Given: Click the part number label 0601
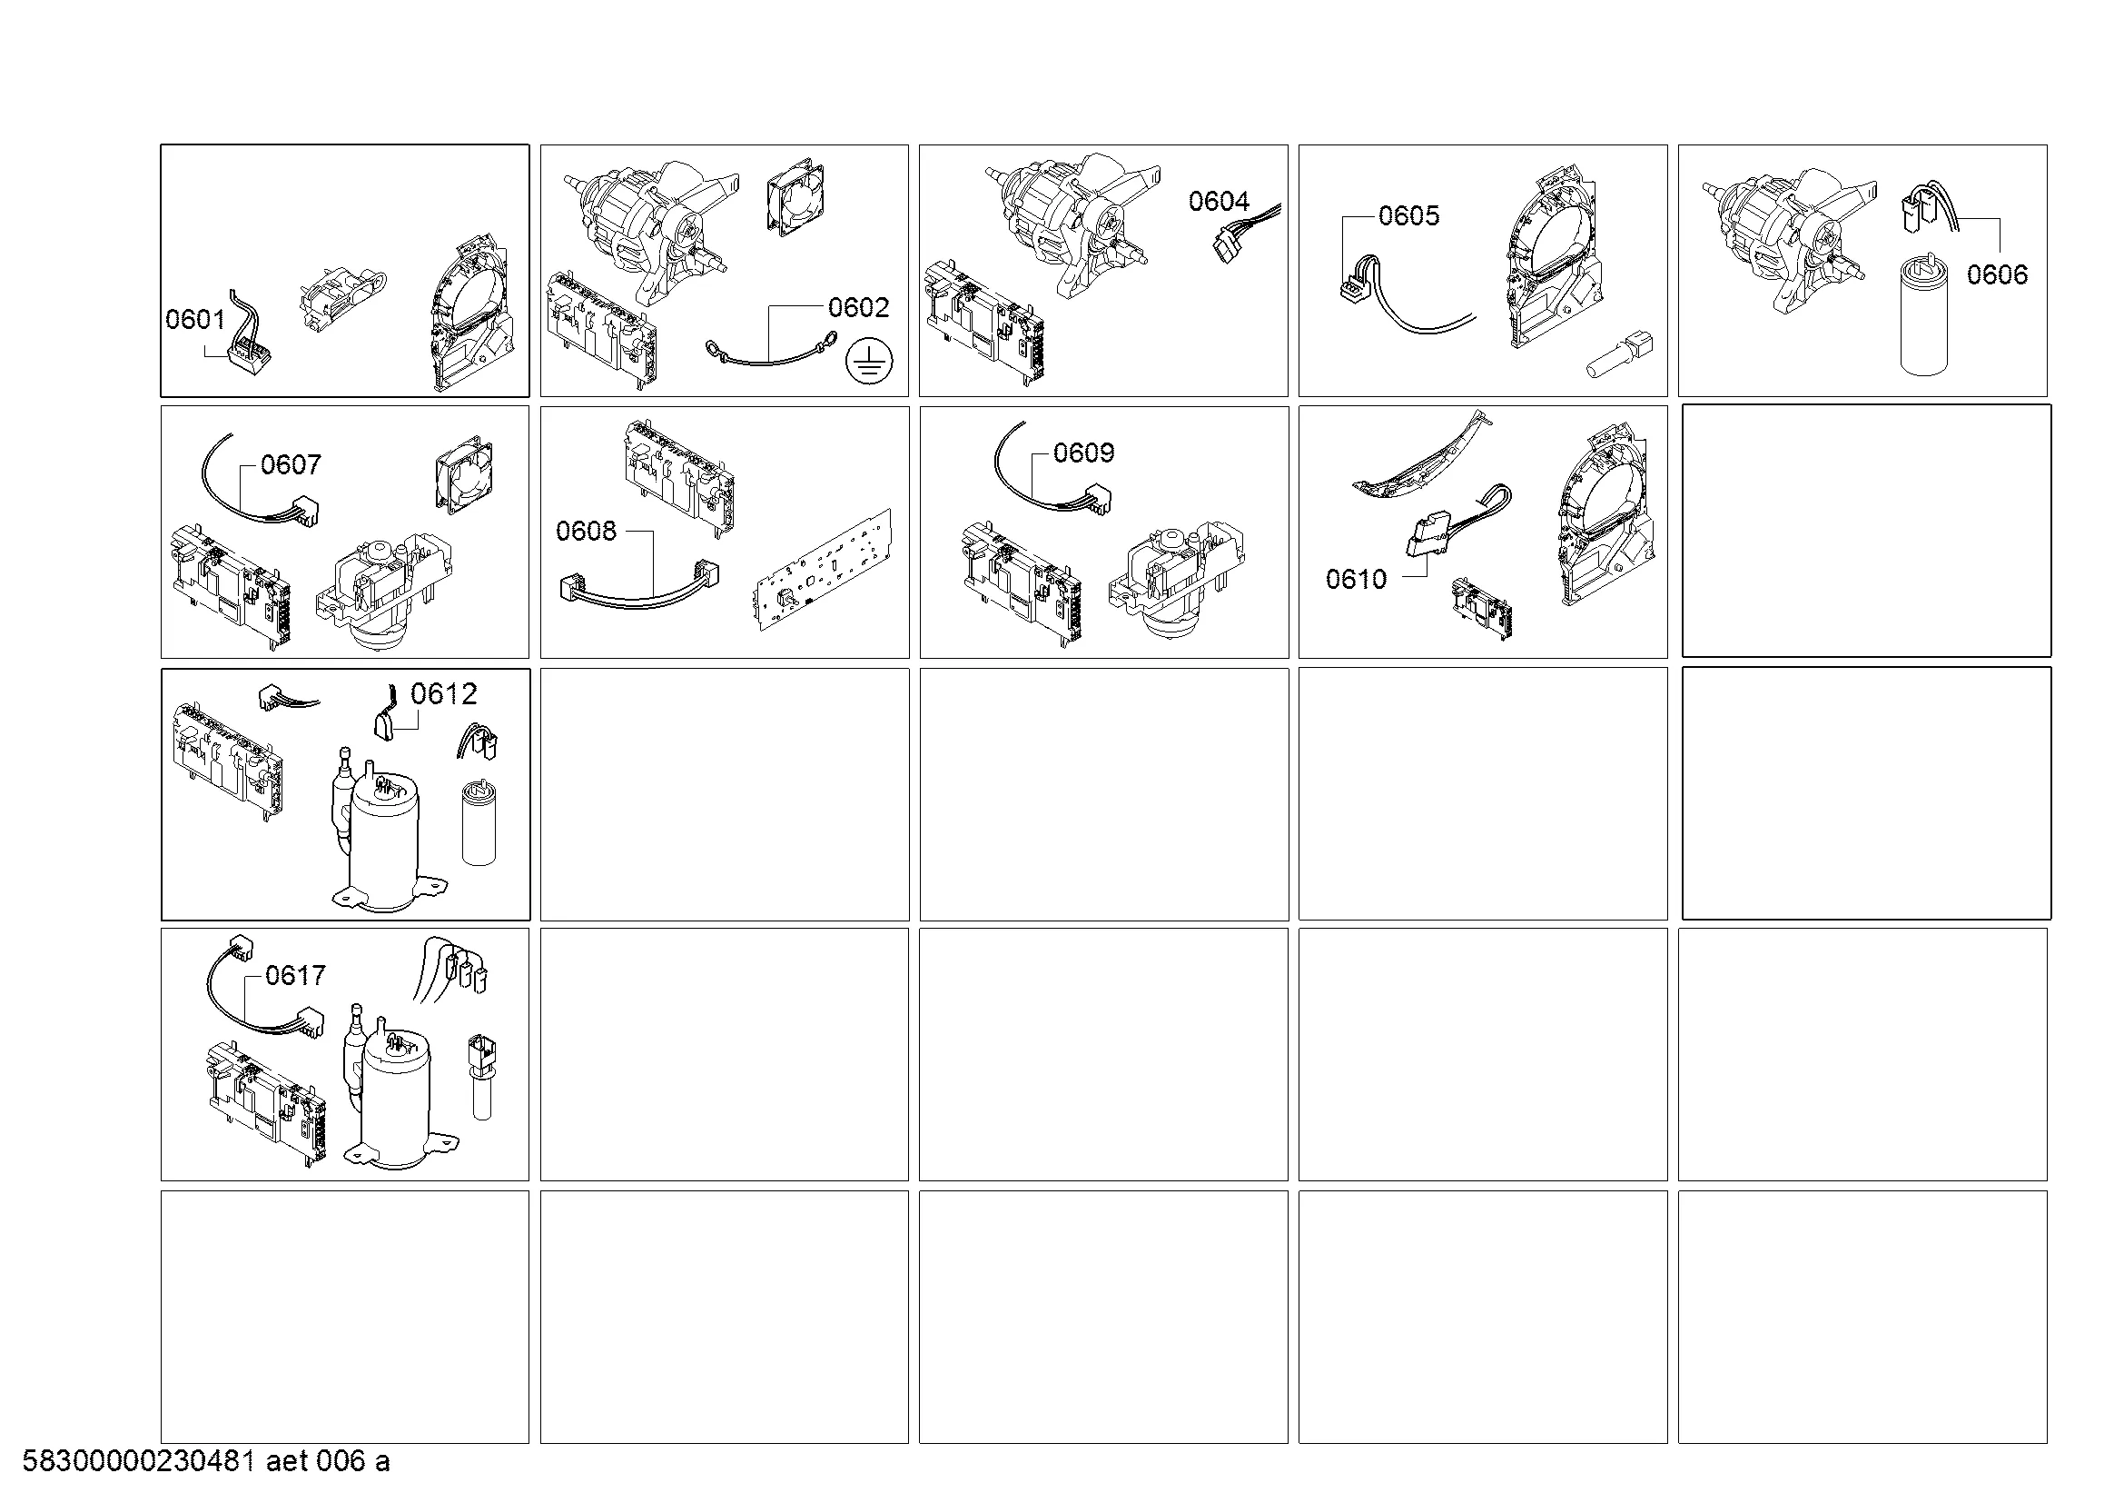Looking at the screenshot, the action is [x=195, y=319].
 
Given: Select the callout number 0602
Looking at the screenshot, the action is [x=858, y=307].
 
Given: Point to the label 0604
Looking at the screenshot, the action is [x=1219, y=201].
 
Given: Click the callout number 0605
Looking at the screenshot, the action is [x=1409, y=215].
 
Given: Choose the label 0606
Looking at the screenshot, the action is [x=1997, y=274].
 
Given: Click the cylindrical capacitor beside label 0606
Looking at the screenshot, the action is [x=1923, y=316].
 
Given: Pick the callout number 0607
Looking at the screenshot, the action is [x=291, y=464].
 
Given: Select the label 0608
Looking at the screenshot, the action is [x=586, y=531].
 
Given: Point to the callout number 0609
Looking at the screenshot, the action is [x=1083, y=453].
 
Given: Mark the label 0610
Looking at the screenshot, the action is [x=1355, y=580].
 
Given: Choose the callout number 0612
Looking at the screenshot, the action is [x=443, y=693].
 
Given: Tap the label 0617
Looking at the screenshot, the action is [x=295, y=974].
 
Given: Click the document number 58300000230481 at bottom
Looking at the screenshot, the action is [x=139, y=1461].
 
